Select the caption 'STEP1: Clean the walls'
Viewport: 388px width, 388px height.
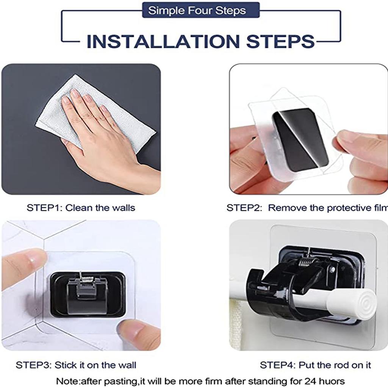pos(81,208)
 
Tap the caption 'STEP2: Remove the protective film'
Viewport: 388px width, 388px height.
pos(307,208)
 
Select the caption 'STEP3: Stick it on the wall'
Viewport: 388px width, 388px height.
pos(76,365)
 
